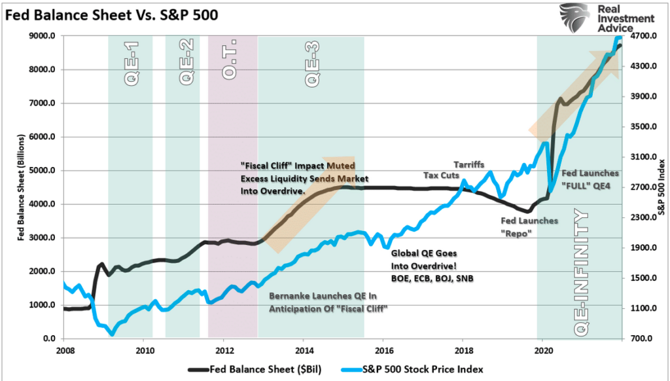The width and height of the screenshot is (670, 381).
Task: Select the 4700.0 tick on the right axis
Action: click(x=643, y=37)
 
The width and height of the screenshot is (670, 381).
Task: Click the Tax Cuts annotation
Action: click(x=441, y=175)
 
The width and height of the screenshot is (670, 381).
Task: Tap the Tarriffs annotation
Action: click(x=469, y=164)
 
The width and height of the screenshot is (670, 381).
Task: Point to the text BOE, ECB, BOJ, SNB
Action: click(x=431, y=278)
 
